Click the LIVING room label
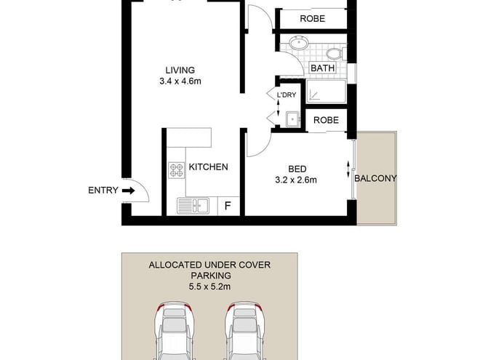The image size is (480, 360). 180,70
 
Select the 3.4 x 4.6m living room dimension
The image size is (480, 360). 180,81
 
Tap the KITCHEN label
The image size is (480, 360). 208,167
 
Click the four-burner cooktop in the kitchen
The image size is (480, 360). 177,170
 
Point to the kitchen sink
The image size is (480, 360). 193,206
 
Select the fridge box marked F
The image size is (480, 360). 228,206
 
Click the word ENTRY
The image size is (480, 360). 103,191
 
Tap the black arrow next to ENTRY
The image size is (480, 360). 129,191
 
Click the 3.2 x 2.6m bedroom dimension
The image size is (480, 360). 297,180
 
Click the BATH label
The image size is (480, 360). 322,69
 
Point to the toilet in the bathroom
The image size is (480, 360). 335,53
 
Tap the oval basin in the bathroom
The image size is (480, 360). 297,44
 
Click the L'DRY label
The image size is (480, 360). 286,95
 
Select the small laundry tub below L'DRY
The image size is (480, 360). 292,119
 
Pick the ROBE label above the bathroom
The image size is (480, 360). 313,19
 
